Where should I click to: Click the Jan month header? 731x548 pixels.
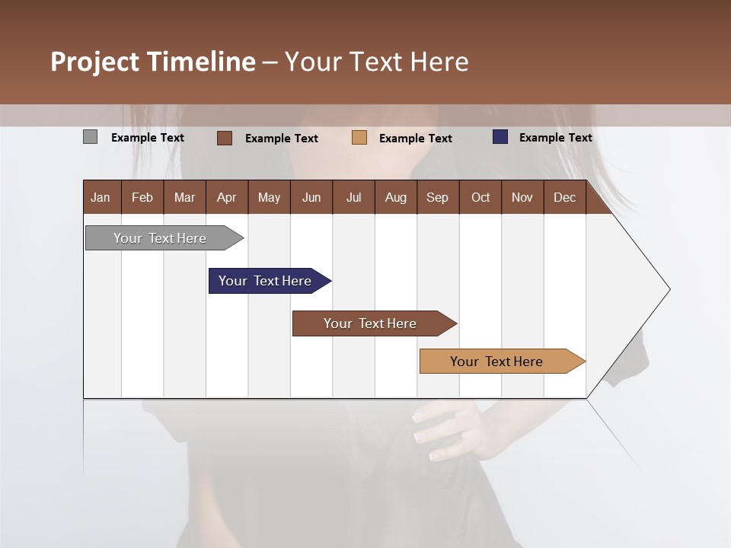pyautogui.click(x=101, y=197)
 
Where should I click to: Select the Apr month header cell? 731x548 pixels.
pyautogui.click(x=227, y=197)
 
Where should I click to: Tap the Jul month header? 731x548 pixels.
pyautogui.click(x=353, y=197)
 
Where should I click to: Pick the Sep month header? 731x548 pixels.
pyautogui.click(x=438, y=197)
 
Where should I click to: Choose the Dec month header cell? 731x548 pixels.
pyautogui.click(x=565, y=197)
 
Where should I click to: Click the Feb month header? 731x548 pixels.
pyautogui.click(x=142, y=197)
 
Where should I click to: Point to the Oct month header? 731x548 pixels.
pyautogui.click(x=480, y=197)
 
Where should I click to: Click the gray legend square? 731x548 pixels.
pyautogui.click(x=91, y=137)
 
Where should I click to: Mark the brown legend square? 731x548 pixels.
pyautogui.click(x=225, y=138)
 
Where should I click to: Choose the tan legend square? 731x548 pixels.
pyautogui.click(x=359, y=138)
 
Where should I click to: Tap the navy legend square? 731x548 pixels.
pyautogui.click(x=500, y=137)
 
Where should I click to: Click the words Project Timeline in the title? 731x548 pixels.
pyautogui.click(x=152, y=62)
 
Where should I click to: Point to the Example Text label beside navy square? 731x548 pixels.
pyautogui.click(x=555, y=138)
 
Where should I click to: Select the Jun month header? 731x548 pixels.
pyautogui.click(x=311, y=197)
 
